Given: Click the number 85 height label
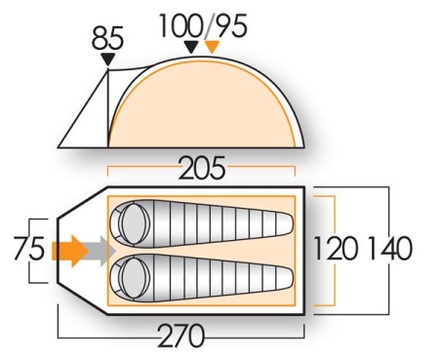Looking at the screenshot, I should point(107,40).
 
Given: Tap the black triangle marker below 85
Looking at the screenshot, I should point(107,61).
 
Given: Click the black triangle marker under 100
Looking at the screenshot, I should point(191,46).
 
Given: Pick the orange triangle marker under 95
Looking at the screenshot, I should point(212,46).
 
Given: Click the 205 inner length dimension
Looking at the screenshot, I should point(201,170).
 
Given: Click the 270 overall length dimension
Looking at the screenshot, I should point(182,335).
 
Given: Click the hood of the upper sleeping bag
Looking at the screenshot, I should point(128,226).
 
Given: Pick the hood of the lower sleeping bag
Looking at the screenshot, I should point(128,279).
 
